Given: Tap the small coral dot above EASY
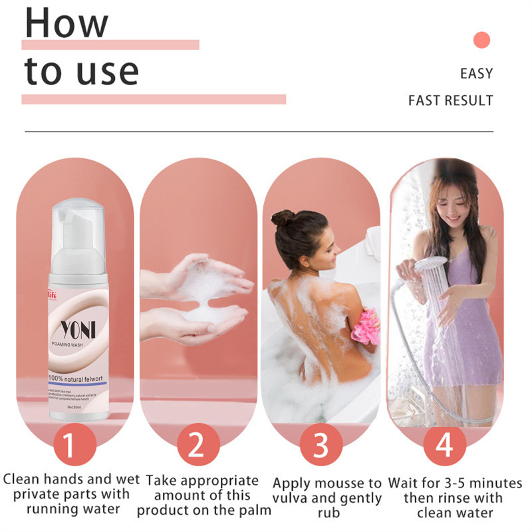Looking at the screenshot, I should pyautogui.click(x=481, y=40).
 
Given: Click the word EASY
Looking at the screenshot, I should pyautogui.click(x=476, y=73).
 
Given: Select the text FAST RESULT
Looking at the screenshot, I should pyautogui.click(x=450, y=101).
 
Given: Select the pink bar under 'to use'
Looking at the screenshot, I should pyautogui.click(x=154, y=100).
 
